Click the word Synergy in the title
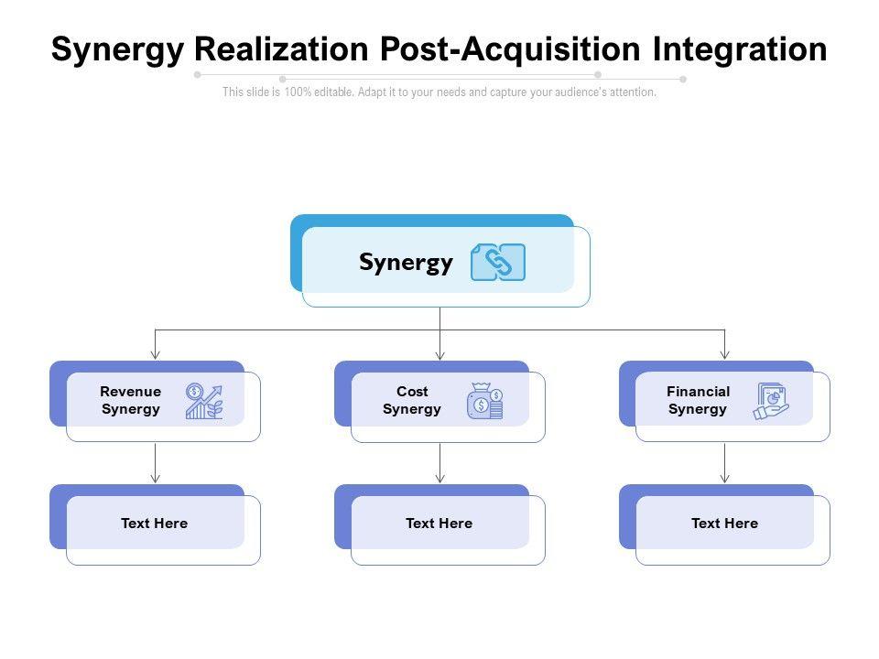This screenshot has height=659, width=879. (x=118, y=50)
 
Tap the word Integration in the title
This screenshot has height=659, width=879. (x=740, y=50)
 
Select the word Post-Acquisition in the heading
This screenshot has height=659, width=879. (x=510, y=49)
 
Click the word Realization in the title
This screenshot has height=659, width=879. (x=281, y=49)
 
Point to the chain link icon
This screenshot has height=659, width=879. (x=498, y=263)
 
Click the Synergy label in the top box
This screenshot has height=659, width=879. (x=406, y=264)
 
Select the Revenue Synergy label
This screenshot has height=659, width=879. (x=131, y=400)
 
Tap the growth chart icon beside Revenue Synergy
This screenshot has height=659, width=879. (x=204, y=401)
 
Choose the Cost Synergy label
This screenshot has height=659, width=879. (x=412, y=400)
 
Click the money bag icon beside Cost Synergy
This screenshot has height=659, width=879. (x=485, y=401)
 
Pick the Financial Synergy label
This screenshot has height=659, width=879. (x=698, y=400)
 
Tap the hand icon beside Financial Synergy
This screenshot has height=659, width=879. (x=771, y=401)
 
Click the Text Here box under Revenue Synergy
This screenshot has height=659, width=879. (x=156, y=524)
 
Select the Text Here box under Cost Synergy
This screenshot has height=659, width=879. (x=440, y=524)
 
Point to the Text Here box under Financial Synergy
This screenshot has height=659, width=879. (x=725, y=524)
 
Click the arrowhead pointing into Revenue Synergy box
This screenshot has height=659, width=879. (x=156, y=355)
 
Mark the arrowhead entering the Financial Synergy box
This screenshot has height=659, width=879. (x=725, y=355)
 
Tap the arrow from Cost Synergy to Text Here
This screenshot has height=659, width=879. (x=440, y=463)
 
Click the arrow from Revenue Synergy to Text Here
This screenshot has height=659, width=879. (x=156, y=463)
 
